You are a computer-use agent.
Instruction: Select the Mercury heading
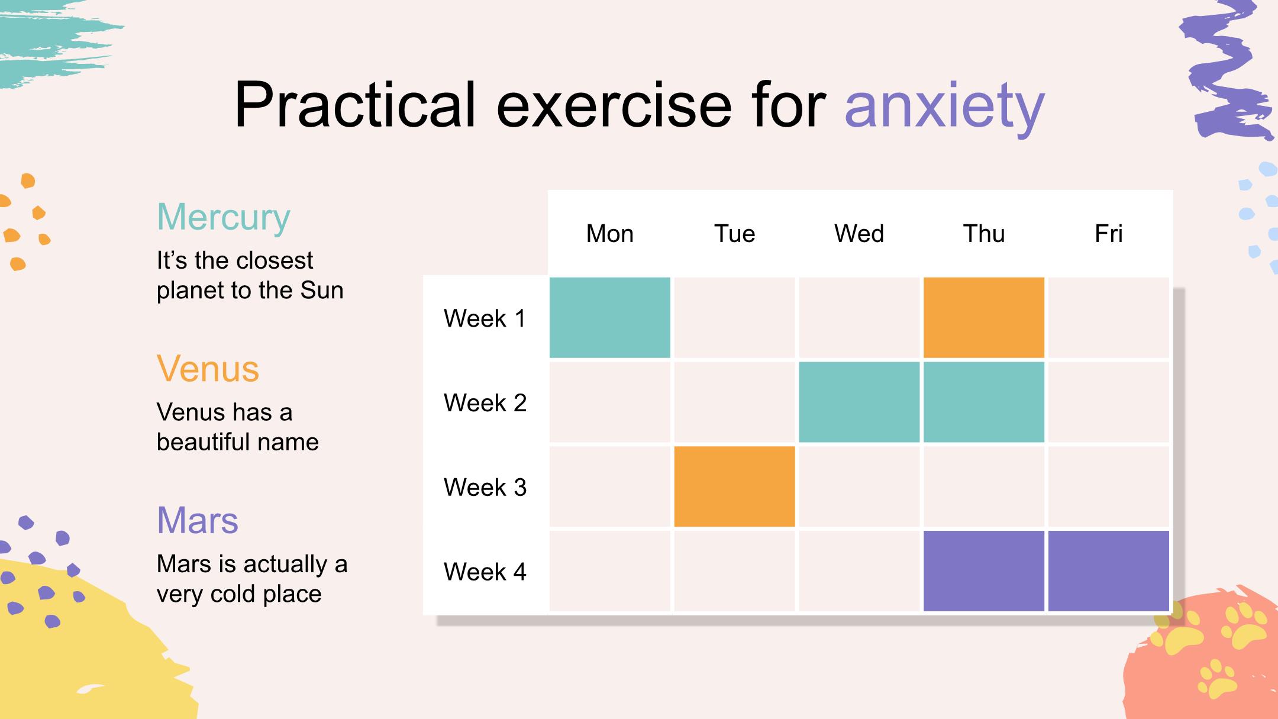[x=224, y=218]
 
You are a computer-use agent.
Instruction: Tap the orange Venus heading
[x=208, y=369]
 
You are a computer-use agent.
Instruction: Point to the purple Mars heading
[x=198, y=521]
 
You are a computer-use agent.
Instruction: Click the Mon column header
[x=609, y=234]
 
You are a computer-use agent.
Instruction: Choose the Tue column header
[x=734, y=234]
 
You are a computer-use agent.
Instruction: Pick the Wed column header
[x=859, y=234]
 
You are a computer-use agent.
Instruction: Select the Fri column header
[x=1109, y=234]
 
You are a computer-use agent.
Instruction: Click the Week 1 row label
[x=485, y=318]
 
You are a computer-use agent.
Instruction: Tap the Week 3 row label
[x=485, y=488]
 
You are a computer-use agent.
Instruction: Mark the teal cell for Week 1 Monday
[x=610, y=318]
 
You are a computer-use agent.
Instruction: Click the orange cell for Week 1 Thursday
[x=984, y=318]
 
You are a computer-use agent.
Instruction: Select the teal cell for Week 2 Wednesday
[x=859, y=402]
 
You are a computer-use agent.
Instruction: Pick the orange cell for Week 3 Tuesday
[x=734, y=486]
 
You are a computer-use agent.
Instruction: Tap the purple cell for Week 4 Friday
[x=1109, y=571]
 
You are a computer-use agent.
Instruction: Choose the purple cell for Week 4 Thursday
[x=984, y=571]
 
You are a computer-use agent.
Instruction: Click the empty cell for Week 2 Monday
[x=610, y=402]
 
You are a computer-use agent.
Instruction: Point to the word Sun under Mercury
[x=322, y=291]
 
